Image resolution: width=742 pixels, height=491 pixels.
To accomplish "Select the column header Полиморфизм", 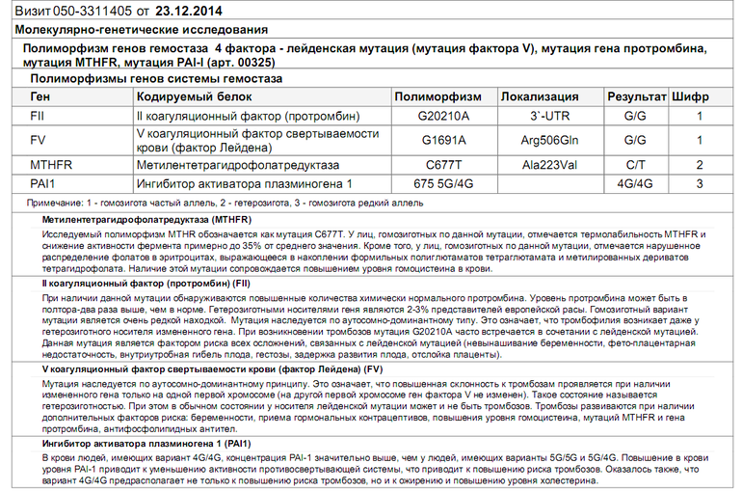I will (x=437, y=96).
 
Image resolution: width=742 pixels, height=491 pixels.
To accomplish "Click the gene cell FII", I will (x=38, y=116).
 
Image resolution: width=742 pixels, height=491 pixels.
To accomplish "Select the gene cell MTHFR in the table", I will (x=51, y=165).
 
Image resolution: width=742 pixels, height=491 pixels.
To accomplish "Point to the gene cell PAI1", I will (x=42, y=183).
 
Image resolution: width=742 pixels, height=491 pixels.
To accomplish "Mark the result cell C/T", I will (x=635, y=165).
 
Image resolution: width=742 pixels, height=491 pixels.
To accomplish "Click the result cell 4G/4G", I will (x=635, y=183).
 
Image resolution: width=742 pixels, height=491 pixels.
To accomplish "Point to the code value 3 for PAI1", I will (x=700, y=183).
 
